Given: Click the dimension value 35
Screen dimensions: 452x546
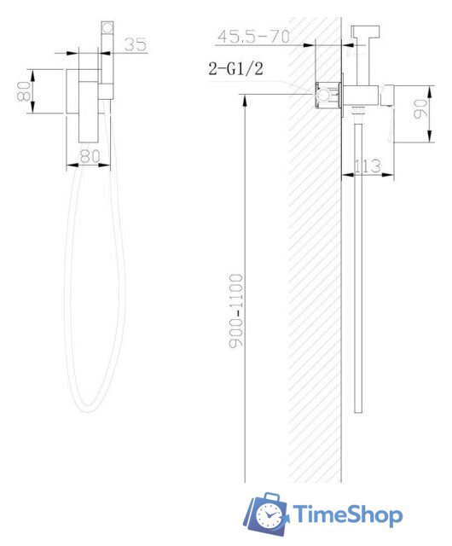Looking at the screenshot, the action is pyautogui.click(x=136, y=44).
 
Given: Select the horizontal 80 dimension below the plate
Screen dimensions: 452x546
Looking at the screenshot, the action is pyautogui.click(x=90, y=156).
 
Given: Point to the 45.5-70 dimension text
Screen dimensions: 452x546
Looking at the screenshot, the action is pyautogui.click(x=253, y=36).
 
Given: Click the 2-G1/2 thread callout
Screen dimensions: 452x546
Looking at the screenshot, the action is pyautogui.click(x=235, y=68).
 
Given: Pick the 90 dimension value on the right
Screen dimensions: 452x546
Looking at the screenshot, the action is pyautogui.click(x=420, y=109).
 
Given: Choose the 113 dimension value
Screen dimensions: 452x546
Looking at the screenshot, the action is pyautogui.click(x=368, y=166).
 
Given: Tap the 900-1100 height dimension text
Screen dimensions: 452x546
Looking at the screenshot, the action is pyautogui.click(x=236, y=311).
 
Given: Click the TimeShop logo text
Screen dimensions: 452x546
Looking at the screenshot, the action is pyautogui.click(x=348, y=514).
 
